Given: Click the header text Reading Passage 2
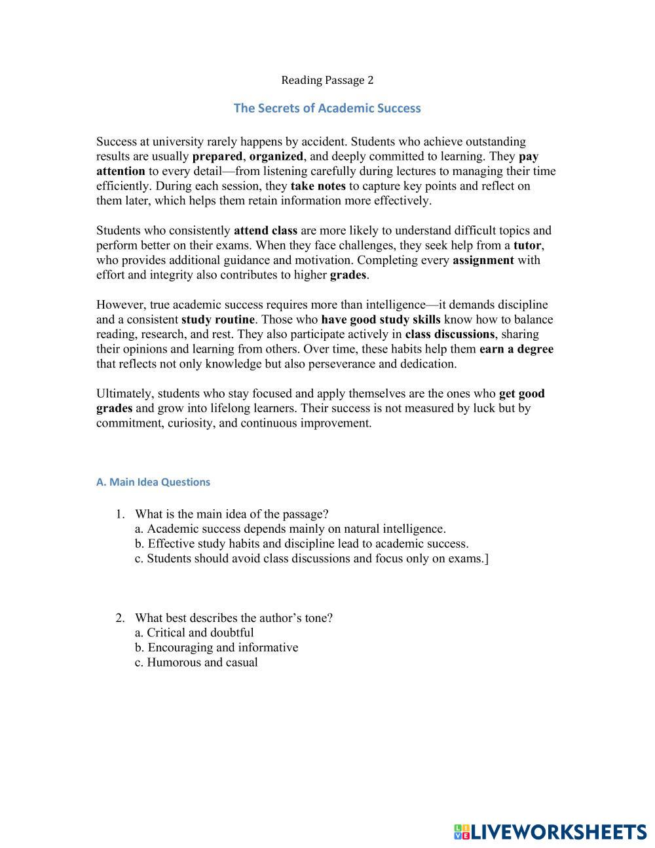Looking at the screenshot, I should tap(327, 81).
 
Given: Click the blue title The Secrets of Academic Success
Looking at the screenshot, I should tap(327, 108).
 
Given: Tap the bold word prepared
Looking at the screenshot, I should tap(217, 157).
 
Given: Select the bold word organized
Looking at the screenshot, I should tap(276, 157).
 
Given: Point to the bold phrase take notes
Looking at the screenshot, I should tap(318, 186).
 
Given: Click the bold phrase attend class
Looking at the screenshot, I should tap(265, 231).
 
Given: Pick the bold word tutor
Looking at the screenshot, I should tap(527, 246).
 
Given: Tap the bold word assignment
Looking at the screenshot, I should tap(483, 260).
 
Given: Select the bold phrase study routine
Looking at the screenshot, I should tap(217, 320).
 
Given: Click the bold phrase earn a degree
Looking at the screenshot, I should tap(516, 349).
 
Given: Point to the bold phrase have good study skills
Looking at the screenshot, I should tap(381, 320).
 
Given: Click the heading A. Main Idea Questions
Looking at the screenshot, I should tap(153, 482).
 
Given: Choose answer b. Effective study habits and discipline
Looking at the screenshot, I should tap(301, 544).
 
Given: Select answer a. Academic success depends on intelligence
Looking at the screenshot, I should tap(290, 529).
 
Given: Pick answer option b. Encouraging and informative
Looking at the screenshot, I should tap(216, 647).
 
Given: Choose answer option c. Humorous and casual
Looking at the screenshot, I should tap(196, 663).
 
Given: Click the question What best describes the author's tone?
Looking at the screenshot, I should tap(233, 618).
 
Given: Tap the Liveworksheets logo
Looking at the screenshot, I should tap(550, 832).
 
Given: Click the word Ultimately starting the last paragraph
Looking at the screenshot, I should tap(125, 394).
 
